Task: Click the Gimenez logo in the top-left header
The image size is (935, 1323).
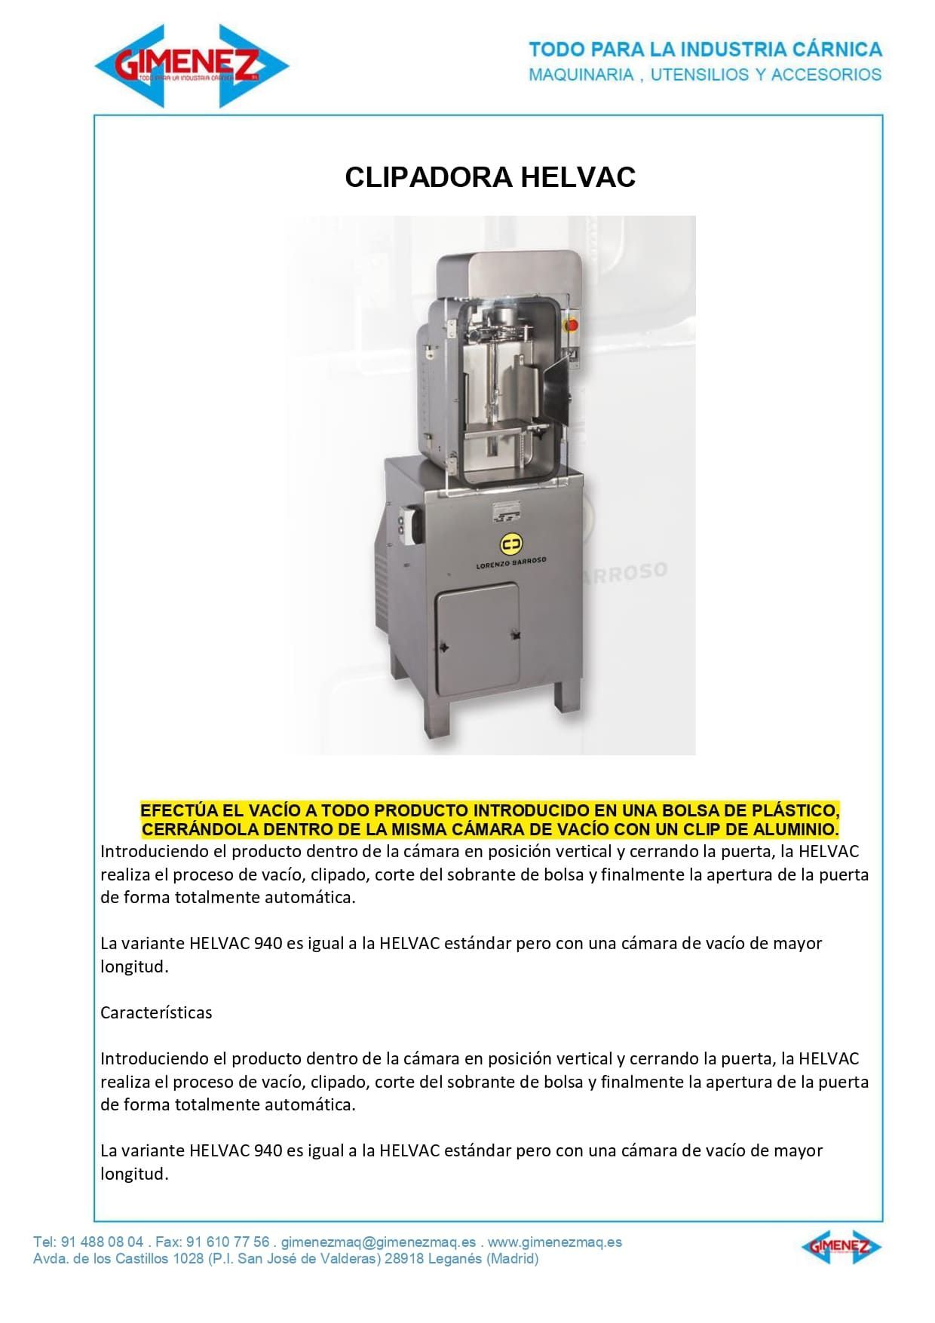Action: (192, 66)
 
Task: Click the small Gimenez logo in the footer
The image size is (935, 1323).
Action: (841, 1247)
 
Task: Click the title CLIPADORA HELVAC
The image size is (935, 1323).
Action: (490, 177)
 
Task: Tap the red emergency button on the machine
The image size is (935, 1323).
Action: (572, 324)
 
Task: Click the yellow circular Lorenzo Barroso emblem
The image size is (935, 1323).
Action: (511, 544)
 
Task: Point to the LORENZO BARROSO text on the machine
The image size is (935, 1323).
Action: (511, 562)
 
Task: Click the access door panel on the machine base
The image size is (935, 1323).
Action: (478, 637)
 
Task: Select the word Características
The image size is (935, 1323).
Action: (156, 1012)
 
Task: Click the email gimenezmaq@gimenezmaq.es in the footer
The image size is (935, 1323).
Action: (379, 1242)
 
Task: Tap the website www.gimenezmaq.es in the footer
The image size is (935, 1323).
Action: (555, 1242)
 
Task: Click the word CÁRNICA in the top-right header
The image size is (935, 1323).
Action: (837, 50)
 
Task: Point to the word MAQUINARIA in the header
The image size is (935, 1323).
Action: (581, 75)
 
